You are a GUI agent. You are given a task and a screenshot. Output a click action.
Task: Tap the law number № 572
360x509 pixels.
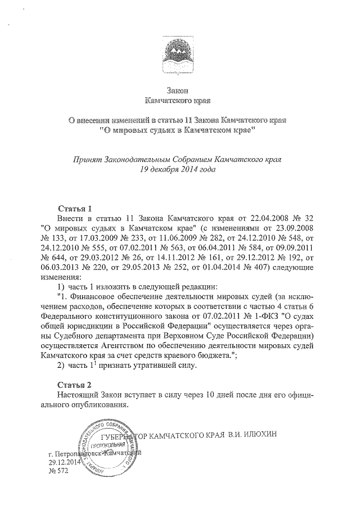pyautogui.click(x=58, y=471)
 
